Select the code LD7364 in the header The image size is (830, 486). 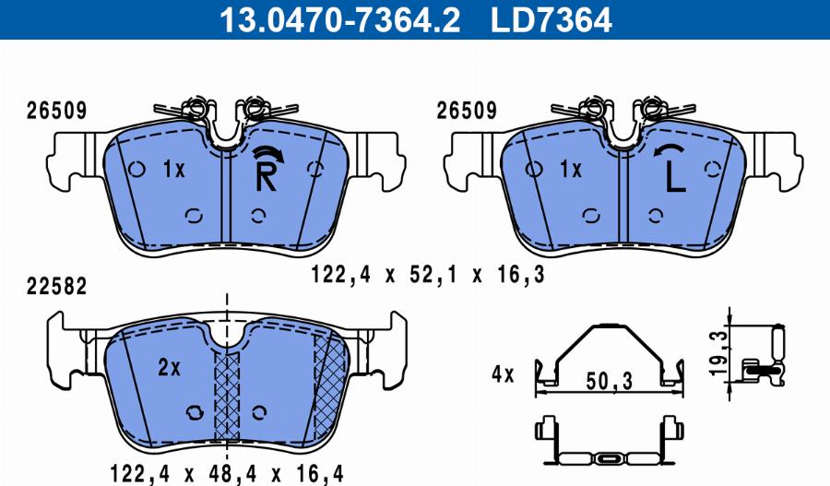point(552,18)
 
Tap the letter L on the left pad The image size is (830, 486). point(675,177)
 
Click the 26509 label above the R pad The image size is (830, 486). point(54,111)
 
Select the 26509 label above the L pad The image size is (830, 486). point(466,111)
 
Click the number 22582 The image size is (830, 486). point(54,286)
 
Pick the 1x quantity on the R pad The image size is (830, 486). point(173,170)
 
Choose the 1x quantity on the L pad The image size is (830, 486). point(571,170)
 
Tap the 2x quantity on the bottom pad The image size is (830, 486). point(169,367)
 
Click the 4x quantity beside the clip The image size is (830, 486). point(503,375)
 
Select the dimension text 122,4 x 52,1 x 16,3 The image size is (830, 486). point(427,274)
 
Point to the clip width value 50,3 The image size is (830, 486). point(608,381)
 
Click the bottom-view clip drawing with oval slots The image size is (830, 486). point(609,444)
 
